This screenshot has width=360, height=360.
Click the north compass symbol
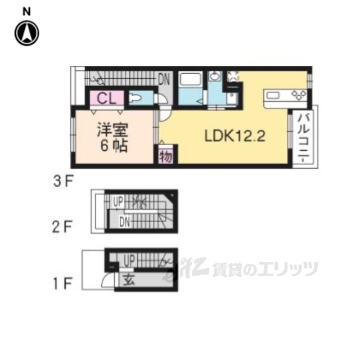click(x=27, y=33)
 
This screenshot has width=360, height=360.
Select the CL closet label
click(x=107, y=99)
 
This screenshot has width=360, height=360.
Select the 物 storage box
click(x=165, y=155)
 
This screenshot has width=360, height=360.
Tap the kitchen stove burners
click(x=298, y=94)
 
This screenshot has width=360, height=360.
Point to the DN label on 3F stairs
click(x=163, y=79)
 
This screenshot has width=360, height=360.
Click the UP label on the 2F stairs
click(x=119, y=200)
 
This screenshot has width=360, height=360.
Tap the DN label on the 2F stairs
click(x=125, y=223)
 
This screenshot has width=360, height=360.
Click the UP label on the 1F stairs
click(x=129, y=260)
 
